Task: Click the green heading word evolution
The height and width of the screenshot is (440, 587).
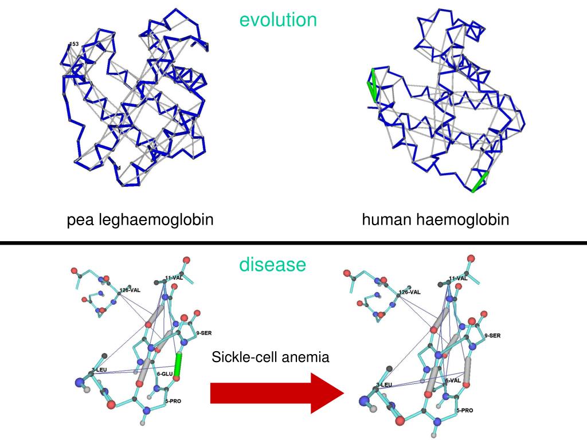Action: pyautogui.click(x=278, y=20)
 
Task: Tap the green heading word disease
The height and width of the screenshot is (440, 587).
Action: pyautogui.click(x=272, y=265)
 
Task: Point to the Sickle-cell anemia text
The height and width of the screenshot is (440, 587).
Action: pyautogui.click(x=271, y=357)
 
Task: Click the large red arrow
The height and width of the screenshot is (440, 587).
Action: pyautogui.click(x=275, y=392)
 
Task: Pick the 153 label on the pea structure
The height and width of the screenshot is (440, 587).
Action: pyautogui.click(x=74, y=44)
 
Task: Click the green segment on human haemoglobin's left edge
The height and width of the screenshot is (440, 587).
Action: pyautogui.click(x=373, y=85)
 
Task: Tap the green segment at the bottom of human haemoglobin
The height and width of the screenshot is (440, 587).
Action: pyautogui.click(x=480, y=182)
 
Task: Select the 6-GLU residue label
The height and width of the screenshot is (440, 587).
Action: pyautogui.click(x=165, y=374)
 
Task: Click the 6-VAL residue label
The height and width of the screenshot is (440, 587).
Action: pyautogui.click(x=453, y=380)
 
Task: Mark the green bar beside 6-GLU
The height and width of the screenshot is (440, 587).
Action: pyautogui.click(x=178, y=365)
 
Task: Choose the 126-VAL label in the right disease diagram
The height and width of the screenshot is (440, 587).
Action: pyautogui.click(x=409, y=292)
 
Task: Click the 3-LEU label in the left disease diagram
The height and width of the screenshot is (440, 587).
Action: pyautogui.click(x=99, y=370)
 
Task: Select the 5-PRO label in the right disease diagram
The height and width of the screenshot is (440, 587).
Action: pyautogui.click(x=464, y=410)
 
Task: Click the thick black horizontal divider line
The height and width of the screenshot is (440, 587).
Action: pyautogui.click(x=293, y=243)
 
